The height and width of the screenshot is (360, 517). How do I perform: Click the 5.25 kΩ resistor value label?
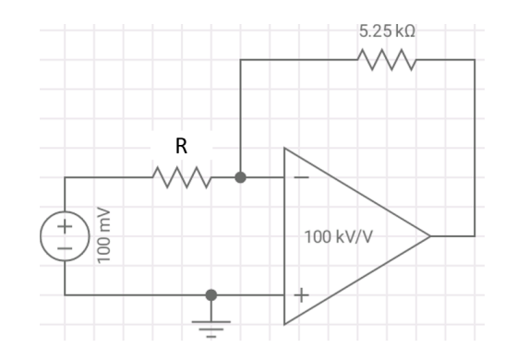[387, 30]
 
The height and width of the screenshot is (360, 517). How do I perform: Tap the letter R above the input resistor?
[181, 145]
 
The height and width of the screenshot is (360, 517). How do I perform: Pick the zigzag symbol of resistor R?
[183, 176]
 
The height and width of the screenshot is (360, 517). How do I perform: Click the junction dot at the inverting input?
[241, 176]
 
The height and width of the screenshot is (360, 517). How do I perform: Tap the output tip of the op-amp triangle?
[430, 236]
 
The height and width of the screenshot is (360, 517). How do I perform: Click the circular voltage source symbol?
[65, 236]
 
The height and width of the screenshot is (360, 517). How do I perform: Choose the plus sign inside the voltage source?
[65, 226]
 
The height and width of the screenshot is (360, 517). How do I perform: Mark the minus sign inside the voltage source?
[65, 248]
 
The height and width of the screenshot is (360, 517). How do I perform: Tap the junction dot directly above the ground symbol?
[211, 295]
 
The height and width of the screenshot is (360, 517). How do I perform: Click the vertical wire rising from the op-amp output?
[475, 148]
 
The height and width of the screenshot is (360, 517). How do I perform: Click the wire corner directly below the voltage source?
[65, 295]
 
